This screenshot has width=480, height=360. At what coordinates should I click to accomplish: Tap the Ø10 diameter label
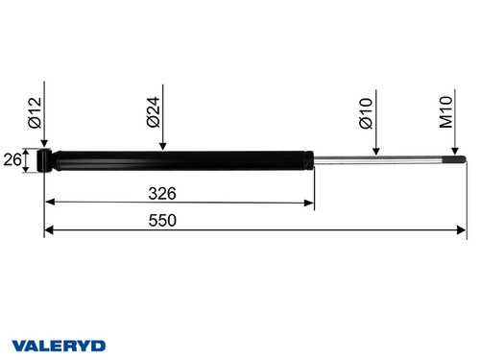pos(365,113)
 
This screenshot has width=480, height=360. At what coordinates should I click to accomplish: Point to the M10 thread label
pos(445,113)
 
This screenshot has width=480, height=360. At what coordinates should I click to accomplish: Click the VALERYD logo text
pos(60,343)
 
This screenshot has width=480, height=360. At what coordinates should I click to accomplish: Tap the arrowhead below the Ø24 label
pos(163,146)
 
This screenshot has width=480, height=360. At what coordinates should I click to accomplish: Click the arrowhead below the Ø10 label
pos(376,150)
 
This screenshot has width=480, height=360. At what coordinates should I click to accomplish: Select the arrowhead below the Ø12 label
pos(44,142)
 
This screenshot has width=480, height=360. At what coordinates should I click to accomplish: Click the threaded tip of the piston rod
pos(458,159)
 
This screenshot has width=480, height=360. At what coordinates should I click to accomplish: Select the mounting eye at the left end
pos(44,159)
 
